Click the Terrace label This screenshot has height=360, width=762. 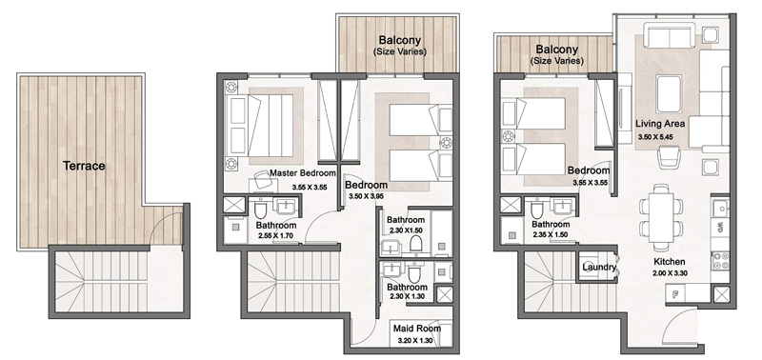[84, 166]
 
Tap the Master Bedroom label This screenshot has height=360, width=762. [302, 173]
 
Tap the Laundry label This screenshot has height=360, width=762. [597, 269]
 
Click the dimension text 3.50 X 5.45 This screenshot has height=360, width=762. [660, 138]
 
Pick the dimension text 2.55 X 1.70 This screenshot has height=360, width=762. [277, 238]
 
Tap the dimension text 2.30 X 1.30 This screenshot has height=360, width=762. [407, 296]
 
